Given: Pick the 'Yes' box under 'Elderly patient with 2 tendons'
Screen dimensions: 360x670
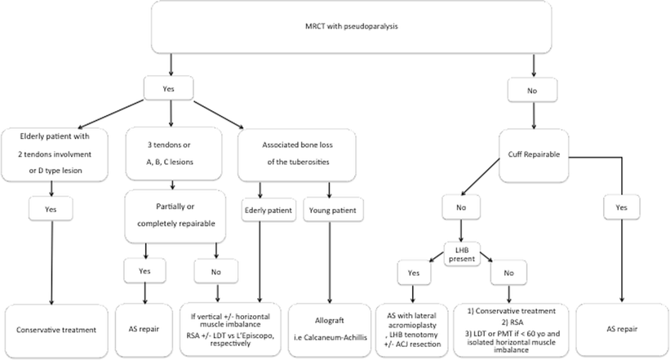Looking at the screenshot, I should coord(51,209).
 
